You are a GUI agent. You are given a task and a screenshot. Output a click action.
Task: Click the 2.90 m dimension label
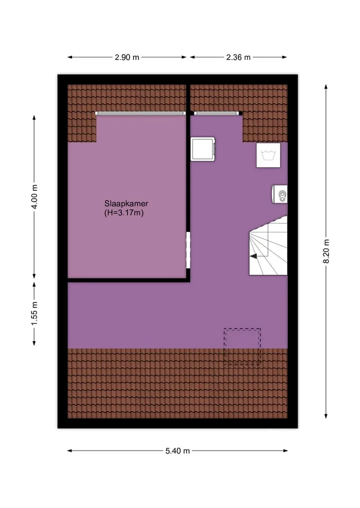(127, 57)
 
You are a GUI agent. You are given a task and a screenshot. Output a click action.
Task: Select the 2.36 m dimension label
(238, 57)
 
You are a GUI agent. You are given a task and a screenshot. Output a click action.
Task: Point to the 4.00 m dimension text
(34, 197)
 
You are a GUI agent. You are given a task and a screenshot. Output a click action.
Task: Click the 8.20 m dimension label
(326, 251)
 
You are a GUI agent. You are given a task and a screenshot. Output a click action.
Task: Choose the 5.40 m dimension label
(177, 451)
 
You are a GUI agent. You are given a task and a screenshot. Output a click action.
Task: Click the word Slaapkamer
(126, 203)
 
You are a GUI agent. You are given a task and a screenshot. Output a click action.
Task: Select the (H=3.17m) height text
(124, 213)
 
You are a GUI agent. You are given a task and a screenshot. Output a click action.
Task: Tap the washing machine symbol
(203, 149)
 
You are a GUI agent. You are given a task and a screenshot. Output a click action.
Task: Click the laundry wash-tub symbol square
(268, 155)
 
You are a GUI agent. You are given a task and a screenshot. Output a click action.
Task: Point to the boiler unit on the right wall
(279, 194)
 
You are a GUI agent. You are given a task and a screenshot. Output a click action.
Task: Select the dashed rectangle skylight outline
(242, 347)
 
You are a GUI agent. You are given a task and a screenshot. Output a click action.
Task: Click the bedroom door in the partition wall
(188, 250)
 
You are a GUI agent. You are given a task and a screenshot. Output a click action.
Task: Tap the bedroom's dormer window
(140, 113)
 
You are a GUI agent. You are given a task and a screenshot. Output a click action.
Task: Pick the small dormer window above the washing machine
(218, 113)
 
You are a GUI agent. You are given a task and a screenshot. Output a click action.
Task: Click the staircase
(268, 246)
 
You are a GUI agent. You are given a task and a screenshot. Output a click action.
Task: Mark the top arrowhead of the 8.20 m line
(326, 86)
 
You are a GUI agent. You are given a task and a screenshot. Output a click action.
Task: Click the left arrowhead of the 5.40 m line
(69, 451)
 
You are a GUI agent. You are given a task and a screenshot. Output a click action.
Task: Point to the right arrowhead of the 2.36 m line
(284, 57)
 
